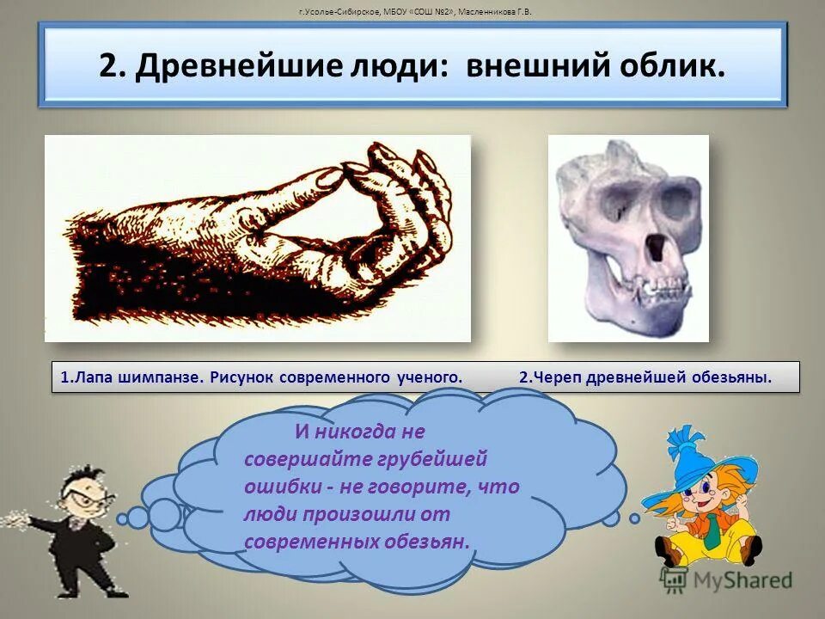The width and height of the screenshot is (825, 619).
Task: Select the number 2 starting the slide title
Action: point(107,67)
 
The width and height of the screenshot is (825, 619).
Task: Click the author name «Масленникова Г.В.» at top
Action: point(494,12)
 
